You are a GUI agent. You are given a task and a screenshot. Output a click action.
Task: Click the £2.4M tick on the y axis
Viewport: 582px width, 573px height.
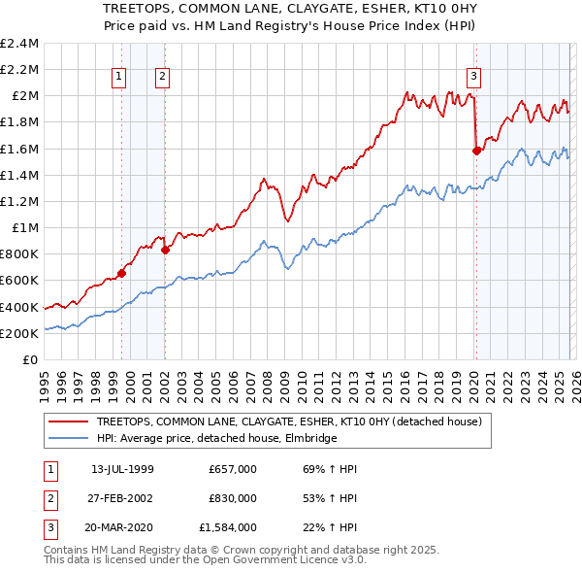(20, 44)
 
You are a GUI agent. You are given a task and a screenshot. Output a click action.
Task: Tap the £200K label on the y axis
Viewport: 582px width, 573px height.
(19, 333)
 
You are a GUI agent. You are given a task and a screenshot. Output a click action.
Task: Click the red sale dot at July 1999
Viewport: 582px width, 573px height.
(121, 273)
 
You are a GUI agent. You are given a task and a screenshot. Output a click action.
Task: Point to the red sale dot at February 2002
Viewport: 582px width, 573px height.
(166, 250)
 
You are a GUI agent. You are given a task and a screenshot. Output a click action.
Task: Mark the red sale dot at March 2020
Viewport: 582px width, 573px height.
(476, 151)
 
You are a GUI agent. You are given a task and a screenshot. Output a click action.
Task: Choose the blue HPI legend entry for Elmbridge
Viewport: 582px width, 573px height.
(213, 438)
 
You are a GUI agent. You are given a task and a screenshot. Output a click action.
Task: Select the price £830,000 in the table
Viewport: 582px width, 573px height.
(232, 498)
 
